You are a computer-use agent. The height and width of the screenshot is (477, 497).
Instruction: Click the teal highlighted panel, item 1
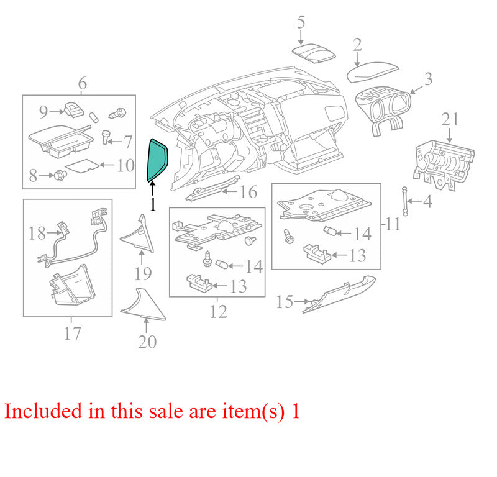pyautogui.click(x=157, y=160)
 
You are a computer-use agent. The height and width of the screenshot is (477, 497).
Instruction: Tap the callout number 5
pyautogui.click(x=301, y=22)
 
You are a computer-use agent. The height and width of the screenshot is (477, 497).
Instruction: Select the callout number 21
pyautogui.click(x=450, y=120)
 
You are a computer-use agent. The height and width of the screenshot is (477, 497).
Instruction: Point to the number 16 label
pyautogui.click(x=248, y=192)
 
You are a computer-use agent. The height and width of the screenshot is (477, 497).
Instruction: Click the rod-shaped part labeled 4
pyautogui.click(x=405, y=201)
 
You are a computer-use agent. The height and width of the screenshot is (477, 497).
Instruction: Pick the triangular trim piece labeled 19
pyautogui.click(x=138, y=235)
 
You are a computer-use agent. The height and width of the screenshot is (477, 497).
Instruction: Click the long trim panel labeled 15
pyautogui.click(x=339, y=295)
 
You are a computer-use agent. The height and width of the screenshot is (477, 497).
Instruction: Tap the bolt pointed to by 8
pyautogui.click(x=60, y=175)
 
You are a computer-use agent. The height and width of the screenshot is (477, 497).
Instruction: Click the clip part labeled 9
pyautogui.click(x=74, y=110)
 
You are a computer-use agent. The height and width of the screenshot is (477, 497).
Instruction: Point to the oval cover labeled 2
pyautogui.click(x=372, y=72)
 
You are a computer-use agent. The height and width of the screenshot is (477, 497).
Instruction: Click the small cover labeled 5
pyautogui.click(x=313, y=53)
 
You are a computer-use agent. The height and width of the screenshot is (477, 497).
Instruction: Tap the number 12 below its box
pyautogui.click(x=219, y=312)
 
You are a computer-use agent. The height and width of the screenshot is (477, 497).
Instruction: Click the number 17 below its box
pyautogui.click(x=73, y=334)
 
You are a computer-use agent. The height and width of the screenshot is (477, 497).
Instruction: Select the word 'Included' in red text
pyautogui.click(x=43, y=411)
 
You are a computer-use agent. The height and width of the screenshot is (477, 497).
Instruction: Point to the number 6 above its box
pyautogui.click(x=83, y=83)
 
